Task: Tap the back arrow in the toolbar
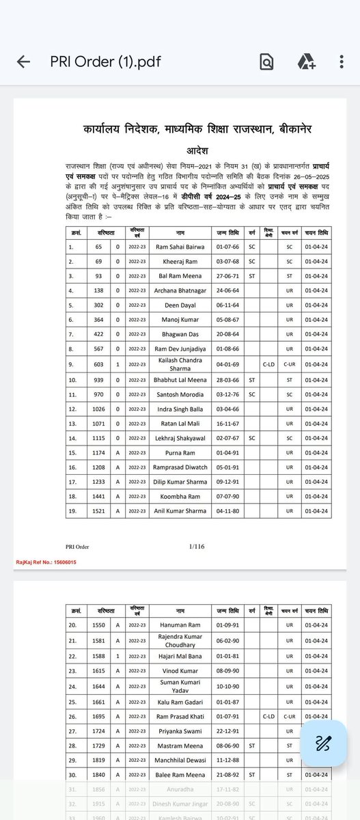(23, 62)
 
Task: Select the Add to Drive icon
(305, 62)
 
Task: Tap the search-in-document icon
(266, 62)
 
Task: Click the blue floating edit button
(322, 743)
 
